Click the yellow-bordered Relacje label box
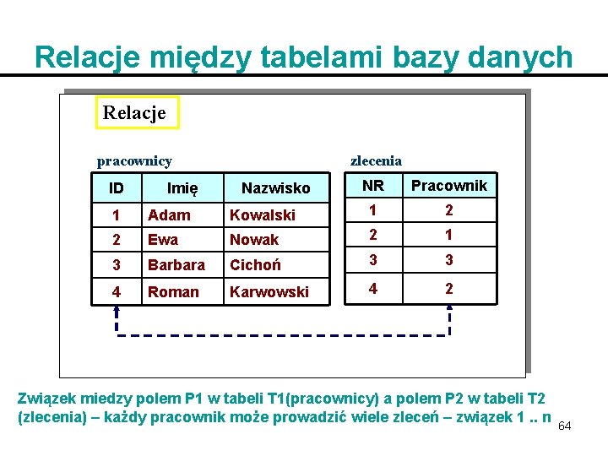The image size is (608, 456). (138, 111)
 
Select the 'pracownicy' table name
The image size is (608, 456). (134, 160)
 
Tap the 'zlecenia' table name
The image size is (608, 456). (376, 160)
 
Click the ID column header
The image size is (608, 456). (117, 187)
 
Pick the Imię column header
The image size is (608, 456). (182, 187)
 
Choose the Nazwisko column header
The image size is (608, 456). (276, 187)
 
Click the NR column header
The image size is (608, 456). (372, 186)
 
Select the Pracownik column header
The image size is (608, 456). (448, 186)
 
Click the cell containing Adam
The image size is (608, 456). (169, 214)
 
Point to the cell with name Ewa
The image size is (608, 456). (163, 240)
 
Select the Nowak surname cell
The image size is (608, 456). (254, 240)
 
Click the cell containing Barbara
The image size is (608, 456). (176, 265)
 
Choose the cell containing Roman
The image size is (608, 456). (173, 291)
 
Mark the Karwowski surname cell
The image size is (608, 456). (269, 291)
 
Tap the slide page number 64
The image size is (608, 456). (564, 426)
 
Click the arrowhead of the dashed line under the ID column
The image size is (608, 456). (117, 310)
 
